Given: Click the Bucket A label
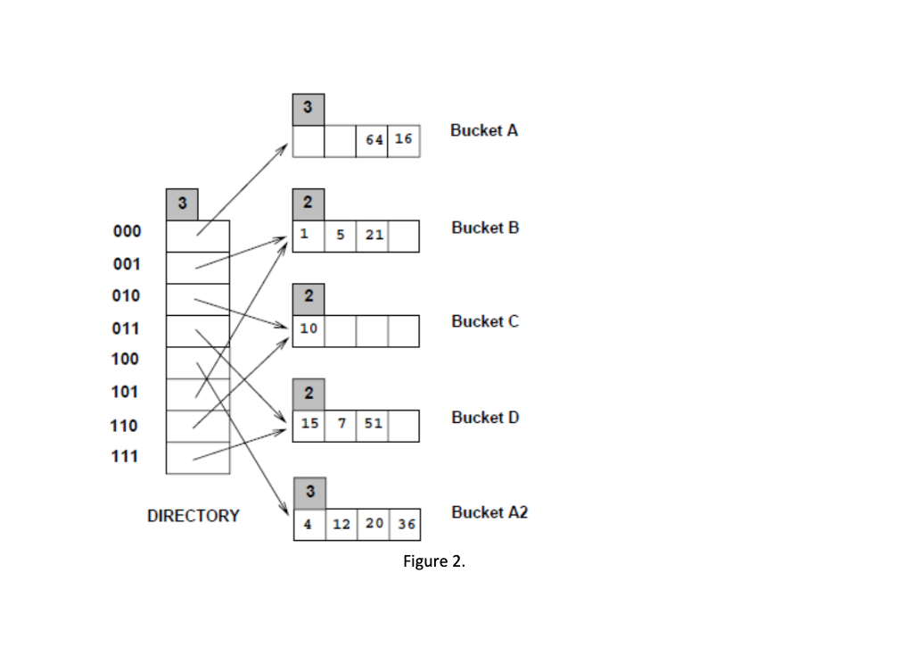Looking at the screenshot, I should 484,130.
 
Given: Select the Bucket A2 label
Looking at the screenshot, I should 489,512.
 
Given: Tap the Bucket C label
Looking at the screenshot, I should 484,321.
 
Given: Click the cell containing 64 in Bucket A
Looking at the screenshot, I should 372,141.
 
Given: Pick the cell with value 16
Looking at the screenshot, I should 403,141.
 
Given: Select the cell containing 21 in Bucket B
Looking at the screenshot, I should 372,237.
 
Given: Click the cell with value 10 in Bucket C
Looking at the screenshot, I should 308,330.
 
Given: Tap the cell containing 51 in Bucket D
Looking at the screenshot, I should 372,425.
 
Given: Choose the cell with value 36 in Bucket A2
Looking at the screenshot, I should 404,524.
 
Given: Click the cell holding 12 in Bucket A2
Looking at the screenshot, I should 341,524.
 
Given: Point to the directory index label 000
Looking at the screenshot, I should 126,232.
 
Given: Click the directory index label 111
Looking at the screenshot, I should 126,457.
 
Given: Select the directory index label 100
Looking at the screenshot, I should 126,360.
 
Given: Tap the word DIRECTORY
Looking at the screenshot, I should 193,516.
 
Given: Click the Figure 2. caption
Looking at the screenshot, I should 434,562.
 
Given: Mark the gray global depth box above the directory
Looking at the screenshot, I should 182,204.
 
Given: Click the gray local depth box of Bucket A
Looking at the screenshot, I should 308,109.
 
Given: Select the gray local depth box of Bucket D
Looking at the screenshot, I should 308,394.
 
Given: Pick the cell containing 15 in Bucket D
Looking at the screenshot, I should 308,425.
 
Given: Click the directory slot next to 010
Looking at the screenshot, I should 198,300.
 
